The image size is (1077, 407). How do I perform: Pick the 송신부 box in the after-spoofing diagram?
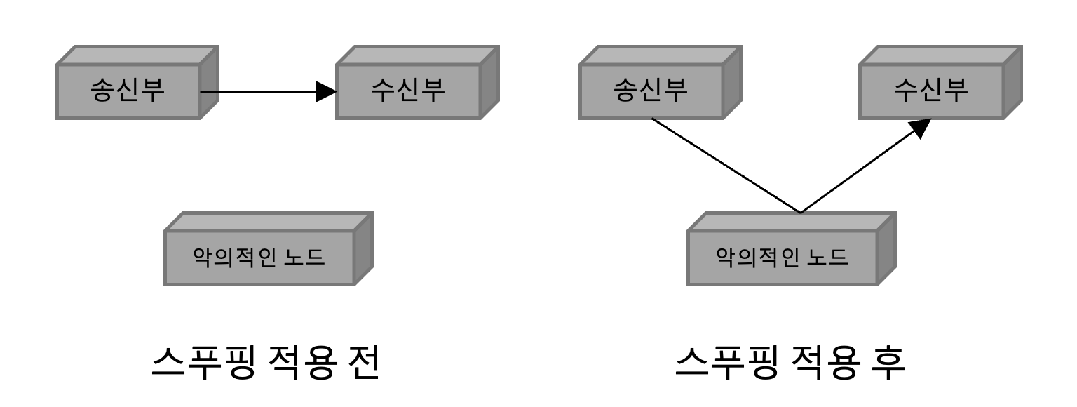pos(651,91)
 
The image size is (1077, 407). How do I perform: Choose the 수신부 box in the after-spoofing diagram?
pos(930,91)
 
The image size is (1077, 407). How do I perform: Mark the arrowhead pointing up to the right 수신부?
pos(919,128)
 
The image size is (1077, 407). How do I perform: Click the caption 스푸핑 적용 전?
pos(266,363)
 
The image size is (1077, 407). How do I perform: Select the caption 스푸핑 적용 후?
pos(790,363)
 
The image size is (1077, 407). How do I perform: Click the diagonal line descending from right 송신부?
pos(726,165)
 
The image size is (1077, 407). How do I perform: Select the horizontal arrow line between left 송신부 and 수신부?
pos(259,91)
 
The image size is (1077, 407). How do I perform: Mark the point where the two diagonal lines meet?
pos(800,212)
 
